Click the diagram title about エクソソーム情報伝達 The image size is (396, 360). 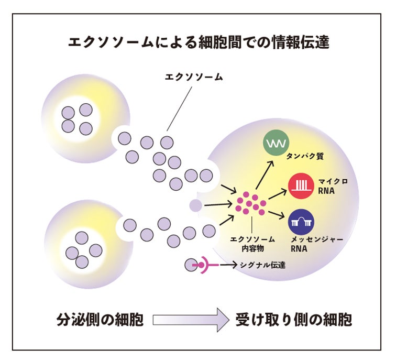click(199, 42)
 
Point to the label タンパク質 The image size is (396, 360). click(303, 156)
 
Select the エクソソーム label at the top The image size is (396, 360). click(194, 77)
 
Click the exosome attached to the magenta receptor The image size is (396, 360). click(190, 265)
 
